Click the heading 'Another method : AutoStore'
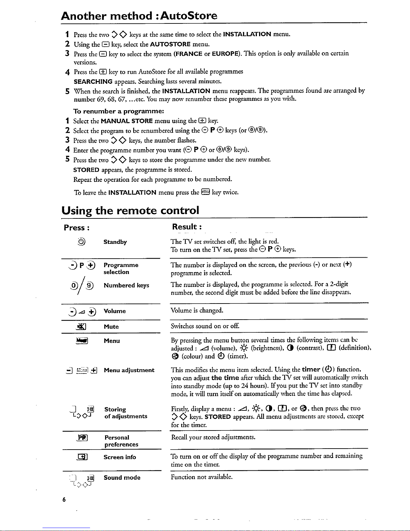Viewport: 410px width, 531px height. [x=139, y=16]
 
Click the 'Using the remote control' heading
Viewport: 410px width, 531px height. [x=130, y=210]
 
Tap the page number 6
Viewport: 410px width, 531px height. [x=64, y=500]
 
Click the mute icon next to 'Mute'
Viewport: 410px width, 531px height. [x=82, y=327]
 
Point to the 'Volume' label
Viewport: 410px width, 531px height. [x=114, y=311]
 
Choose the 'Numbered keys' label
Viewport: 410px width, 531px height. [x=126, y=285]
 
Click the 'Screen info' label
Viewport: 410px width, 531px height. [x=119, y=457]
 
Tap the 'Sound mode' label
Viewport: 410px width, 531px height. [x=122, y=477]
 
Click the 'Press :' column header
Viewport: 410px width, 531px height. [x=76, y=228]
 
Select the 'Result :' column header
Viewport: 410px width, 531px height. [x=186, y=227]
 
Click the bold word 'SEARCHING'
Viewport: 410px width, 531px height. [x=93, y=81]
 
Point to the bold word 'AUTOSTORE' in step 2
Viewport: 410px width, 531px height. [x=170, y=44]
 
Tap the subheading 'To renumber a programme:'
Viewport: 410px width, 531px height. [x=118, y=111]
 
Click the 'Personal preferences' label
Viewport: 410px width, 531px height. [x=121, y=441]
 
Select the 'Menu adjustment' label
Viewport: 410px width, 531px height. [x=129, y=370]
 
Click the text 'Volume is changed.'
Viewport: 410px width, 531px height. [x=197, y=310]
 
